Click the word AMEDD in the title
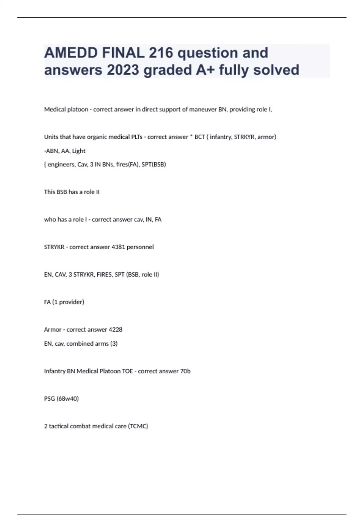point(70,53)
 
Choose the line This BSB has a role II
point(72,192)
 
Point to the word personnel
point(140,247)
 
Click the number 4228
point(116,330)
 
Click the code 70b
point(185,371)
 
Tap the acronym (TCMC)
point(138,426)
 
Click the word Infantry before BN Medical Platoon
point(55,371)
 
